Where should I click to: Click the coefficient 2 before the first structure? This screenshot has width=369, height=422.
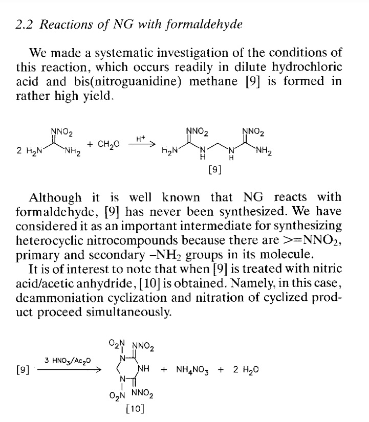19,151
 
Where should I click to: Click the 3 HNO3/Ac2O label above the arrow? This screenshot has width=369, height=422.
68,361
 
